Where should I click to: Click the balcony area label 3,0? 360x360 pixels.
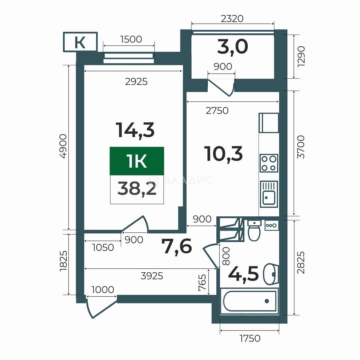click(x=233, y=47)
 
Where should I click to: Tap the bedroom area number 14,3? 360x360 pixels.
click(x=135, y=130)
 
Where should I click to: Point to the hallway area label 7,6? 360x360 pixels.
click(x=177, y=247)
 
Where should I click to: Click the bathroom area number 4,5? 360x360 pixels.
click(x=244, y=273)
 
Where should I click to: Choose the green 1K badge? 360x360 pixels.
click(x=137, y=161)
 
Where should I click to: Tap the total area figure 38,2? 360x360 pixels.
click(x=137, y=188)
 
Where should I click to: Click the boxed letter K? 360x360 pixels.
click(x=80, y=42)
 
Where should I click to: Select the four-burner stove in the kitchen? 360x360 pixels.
click(x=269, y=163)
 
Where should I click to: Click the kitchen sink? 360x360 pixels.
click(x=269, y=194)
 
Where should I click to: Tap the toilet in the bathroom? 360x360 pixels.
click(x=254, y=230)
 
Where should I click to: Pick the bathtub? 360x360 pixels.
click(x=250, y=301)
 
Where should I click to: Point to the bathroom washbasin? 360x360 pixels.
click(x=271, y=274)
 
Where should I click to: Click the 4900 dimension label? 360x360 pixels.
click(x=63, y=146)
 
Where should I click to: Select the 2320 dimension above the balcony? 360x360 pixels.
click(x=232, y=19)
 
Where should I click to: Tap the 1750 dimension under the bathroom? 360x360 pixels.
click(x=250, y=338)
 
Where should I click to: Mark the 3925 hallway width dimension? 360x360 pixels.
click(x=152, y=276)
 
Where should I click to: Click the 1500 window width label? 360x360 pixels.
click(x=131, y=39)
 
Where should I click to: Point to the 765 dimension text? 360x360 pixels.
click(x=202, y=283)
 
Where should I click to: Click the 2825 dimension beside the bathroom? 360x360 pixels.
click(x=301, y=262)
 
